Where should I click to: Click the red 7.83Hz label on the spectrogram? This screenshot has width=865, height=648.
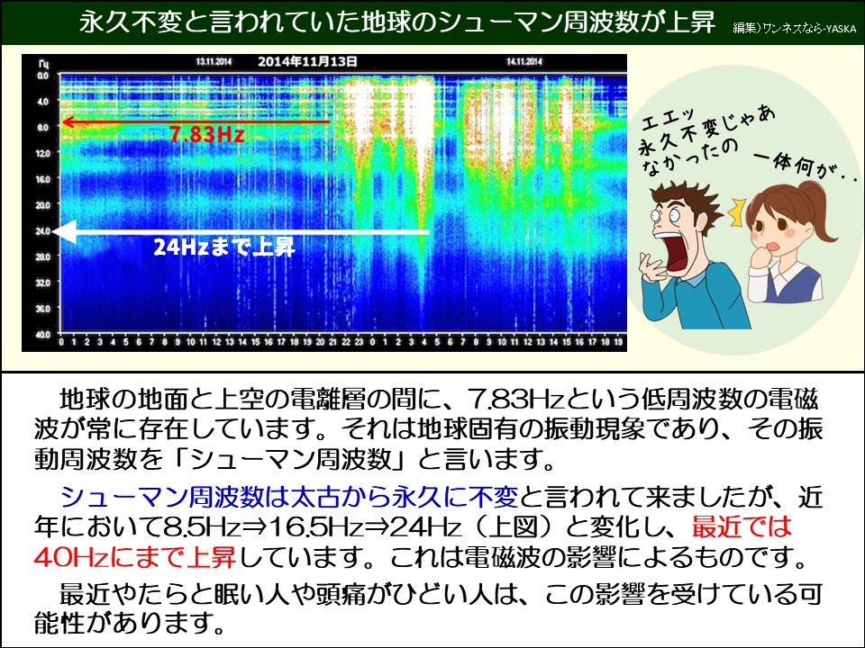click(206, 135)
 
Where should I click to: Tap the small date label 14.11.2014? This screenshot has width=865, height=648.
click(523, 62)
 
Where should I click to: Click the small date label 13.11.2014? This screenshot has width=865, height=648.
click(214, 62)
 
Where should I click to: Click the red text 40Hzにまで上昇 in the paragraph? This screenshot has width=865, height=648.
click(135, 557)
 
